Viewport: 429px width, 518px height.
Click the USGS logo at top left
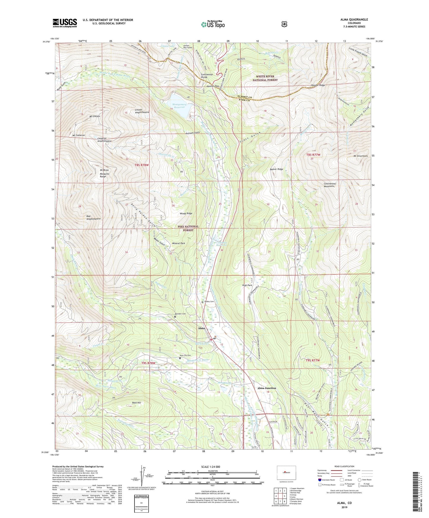pyautogui.click(x=65, y=23)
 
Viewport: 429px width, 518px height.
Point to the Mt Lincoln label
pyautogui.click(x=94, y=116)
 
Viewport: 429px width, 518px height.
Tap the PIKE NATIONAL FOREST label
pyautogui.click(x=188, y=228)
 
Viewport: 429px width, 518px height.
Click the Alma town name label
pyautogui.click(x=201, y=328)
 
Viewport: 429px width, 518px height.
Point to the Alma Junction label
pyautogui.click(x=267, y=388)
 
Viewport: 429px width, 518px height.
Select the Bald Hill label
pyautogui.click(x=137, y=403)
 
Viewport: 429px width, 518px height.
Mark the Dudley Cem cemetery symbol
pyautogui.click(x=202, y=302)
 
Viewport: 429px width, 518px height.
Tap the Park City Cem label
pyautogui.click(x=185, y=355)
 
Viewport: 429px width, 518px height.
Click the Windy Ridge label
pyautogui.click(x=186, y=213)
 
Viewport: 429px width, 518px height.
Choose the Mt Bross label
pyautogui.click(x=104, y=170)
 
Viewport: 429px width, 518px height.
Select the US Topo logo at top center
pyautogui.click(x=213, y=24)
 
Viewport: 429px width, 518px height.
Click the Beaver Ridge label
pyautogui.click(x=276, y=169)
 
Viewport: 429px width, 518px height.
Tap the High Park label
pyautogui.click(x=247, y=285)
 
